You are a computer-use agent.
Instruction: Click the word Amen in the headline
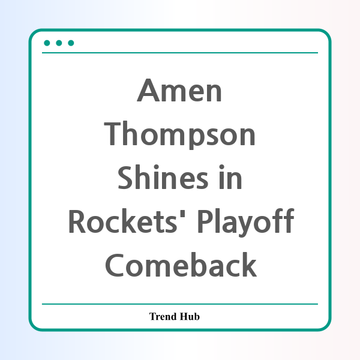(179, 90)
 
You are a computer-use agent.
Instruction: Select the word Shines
(163, 177)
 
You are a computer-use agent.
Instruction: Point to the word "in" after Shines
(230, 177)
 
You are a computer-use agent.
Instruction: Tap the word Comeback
(181, 265)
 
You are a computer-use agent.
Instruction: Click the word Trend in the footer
(163, 316)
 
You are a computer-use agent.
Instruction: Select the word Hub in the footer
(190, 316)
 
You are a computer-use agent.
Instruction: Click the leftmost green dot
(47, 43)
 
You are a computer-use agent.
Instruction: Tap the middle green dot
(59, 43)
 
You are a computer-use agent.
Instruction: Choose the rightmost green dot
(71, 43)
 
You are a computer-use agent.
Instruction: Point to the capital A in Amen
(148, 90)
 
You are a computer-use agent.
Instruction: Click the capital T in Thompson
(112, 134)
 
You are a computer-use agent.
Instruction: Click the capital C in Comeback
(115, 265)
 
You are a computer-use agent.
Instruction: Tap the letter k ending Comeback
(248, 264)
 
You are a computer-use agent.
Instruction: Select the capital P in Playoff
(206, 221)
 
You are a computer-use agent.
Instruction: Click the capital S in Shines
(125, 178)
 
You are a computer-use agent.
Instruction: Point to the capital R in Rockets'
(77, 221)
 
